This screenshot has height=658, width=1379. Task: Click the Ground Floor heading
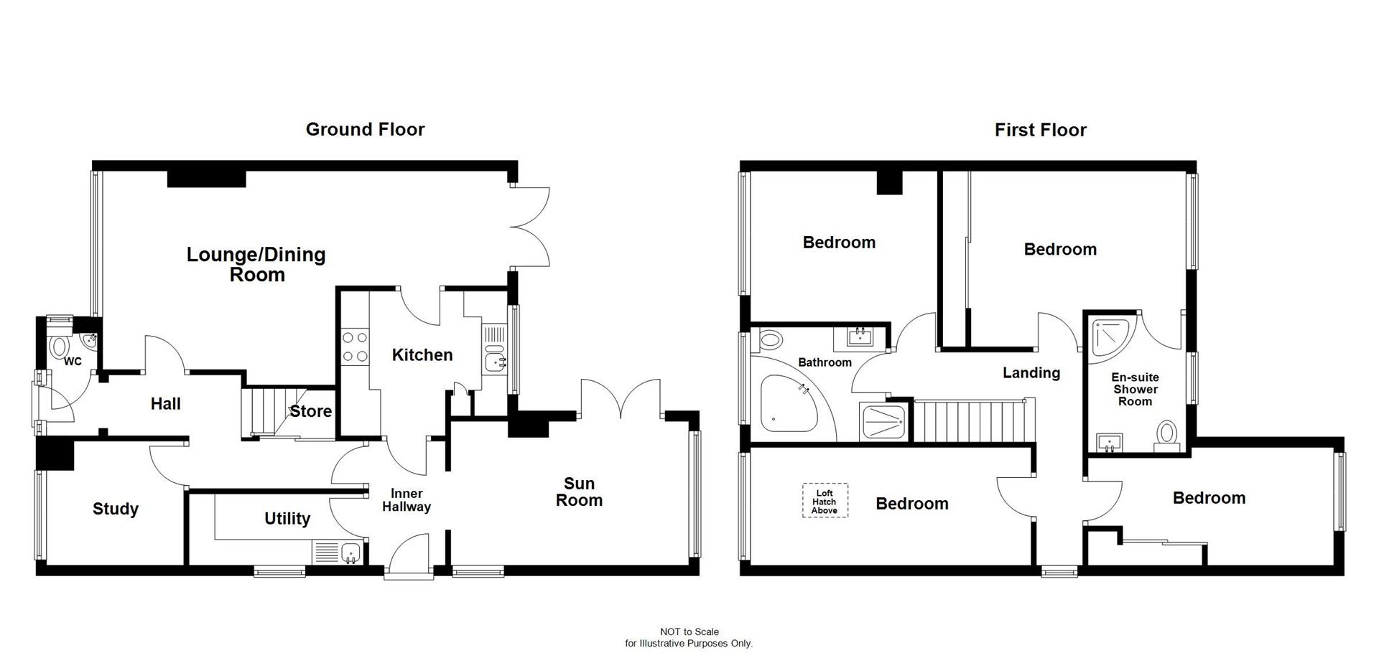(365, 129)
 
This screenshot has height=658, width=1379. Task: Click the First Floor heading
(1040, 130)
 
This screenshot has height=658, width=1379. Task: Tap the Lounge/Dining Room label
(256, 264)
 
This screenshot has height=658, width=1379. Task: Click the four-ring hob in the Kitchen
(354, 346)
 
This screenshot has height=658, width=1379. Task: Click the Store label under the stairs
(310, 411)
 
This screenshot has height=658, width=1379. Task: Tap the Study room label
(116, 509)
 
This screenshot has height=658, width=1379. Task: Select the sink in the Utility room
(350, 553)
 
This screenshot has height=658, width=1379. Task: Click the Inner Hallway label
(407, 500)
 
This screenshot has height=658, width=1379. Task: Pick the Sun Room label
(579, 492)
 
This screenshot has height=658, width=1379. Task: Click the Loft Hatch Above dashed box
(825, 501)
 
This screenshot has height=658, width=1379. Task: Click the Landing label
(1031, 372)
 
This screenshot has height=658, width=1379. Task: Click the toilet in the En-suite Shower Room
(1167, 435)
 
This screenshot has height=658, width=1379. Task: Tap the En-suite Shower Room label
(1135, 389)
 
